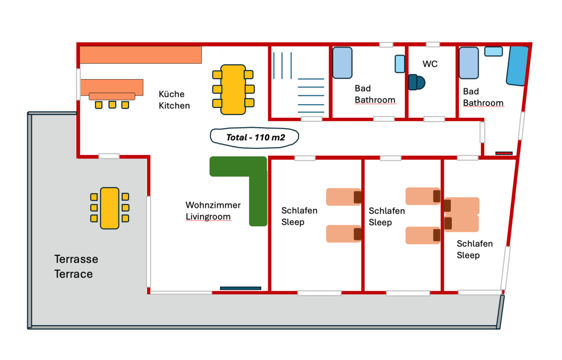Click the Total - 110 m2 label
254,137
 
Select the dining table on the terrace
110,208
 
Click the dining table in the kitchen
233,89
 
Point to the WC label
430,64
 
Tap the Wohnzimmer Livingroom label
213,211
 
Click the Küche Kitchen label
174,100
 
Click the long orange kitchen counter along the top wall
141,55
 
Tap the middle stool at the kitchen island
112,105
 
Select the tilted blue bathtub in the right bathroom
517,66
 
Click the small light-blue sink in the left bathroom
400,64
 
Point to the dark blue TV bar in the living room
240,288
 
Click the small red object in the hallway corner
504,153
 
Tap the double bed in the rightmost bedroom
462,214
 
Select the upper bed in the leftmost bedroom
344,197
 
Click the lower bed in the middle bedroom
423,235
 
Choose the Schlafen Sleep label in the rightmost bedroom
474,249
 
